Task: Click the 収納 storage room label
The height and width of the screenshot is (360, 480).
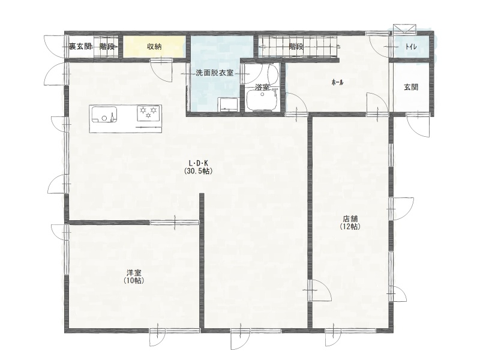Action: (x=154, y=47)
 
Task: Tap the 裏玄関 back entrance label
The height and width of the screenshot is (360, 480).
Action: (x=80, y=47)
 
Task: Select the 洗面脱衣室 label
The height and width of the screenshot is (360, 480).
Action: (x=215, y=73)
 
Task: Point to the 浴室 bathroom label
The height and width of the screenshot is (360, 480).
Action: (x=262, y=87)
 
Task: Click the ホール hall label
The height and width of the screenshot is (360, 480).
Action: (x=337, y=82)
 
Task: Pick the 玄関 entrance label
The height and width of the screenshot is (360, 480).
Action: (x=411, y=87)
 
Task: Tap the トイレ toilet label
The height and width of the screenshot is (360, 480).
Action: (x=411, y=47)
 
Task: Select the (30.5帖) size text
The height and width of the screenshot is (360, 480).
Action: (x=199, y=172)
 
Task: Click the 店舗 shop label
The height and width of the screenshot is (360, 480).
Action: (x=350, y=219)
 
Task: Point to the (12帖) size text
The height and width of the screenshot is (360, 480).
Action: (x=350, y=227)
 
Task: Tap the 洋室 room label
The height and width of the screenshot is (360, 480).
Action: (x=134, y=272)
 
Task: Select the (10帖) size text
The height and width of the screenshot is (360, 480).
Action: (x=134, y=280)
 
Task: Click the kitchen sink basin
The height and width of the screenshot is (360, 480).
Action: (x=104, y=114)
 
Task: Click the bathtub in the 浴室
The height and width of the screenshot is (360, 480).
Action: (x=262, y=101)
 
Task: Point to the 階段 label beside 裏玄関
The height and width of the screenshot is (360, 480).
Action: (x=107, y=47)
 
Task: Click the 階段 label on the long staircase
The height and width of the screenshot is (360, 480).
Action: (x=296, y=47)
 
